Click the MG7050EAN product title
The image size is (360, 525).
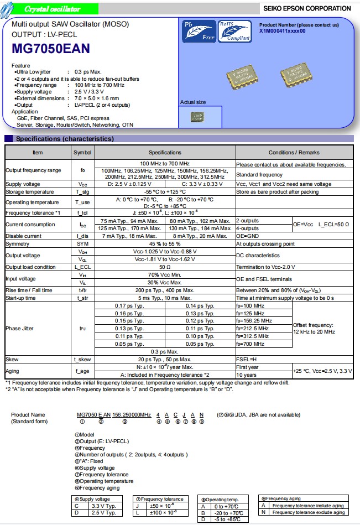pyautogui.click(x=50, y=49)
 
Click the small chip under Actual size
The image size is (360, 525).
pyautogui.click(x=196, y=117)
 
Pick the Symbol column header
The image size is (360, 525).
pyautogui.click(x=82, y=152)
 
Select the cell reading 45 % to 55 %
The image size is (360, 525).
pyautogui.click(x=165, y=243)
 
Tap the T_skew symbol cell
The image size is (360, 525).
pyautogui.click(x=82, y=359)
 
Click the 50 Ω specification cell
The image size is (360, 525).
pyautogui.click(x=165, y=267)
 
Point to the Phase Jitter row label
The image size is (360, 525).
pyautogui.click(x=20, y=328)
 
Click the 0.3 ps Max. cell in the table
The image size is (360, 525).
pyautogui.click(x=165, y=351)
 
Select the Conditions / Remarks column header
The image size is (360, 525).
pyautogui.click(x=294, y=152)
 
